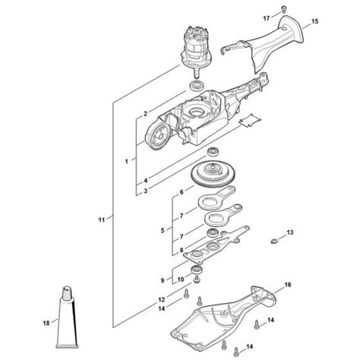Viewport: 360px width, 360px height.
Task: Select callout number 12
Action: (x=162, y=298)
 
